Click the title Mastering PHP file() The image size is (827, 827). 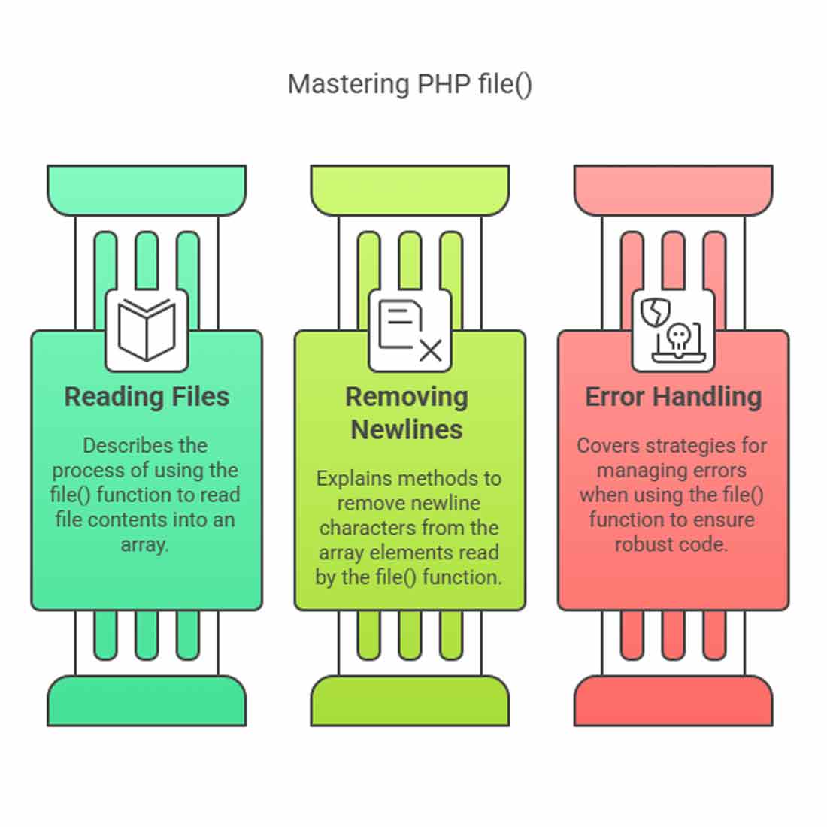[x=410, y=84]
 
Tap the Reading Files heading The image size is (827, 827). [x=147, y=397]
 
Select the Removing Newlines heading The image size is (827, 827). [x=407, y=413]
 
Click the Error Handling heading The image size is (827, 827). [x=674, y=397]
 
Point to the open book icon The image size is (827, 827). [x=147, y=330]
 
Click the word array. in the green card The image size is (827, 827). [x=144, y=545]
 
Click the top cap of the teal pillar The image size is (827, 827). [x=147, y=190]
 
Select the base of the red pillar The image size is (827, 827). [x=674, y=701]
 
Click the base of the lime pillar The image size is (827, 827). [x=410, y=701]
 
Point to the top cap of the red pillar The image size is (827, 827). [x=674, y=190]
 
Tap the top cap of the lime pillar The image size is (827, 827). [x=410, y=190]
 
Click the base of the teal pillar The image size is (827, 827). [x=147, y=701]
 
